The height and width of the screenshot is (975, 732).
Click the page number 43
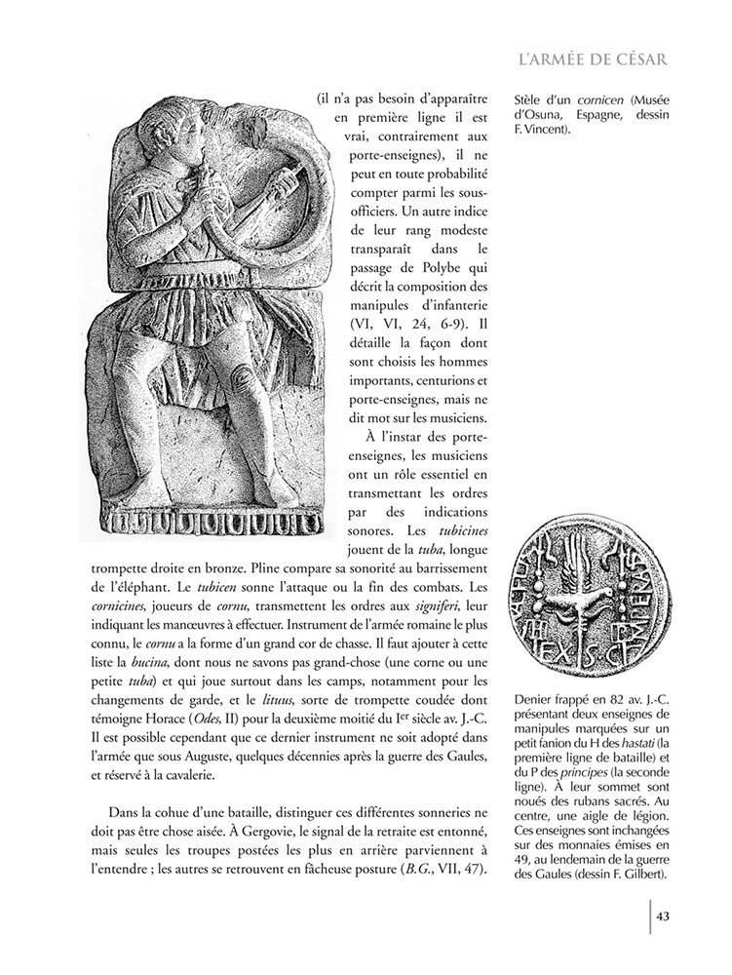662,915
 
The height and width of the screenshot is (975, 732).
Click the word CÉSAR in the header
637,60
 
